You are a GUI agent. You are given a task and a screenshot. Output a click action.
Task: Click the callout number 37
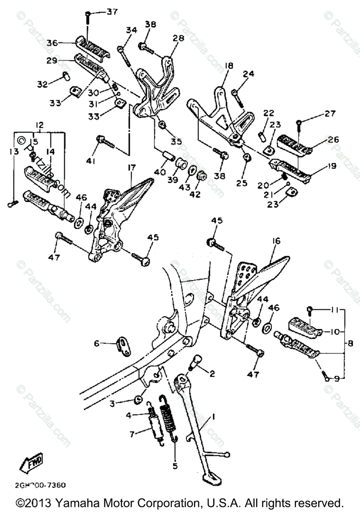tap(112, 12)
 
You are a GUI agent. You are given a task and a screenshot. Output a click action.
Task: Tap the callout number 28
tap(178, 38)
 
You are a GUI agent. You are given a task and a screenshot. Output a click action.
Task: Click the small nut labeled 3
tap(138, 399)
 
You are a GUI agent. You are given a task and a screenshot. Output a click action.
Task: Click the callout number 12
tap(39, 126)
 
